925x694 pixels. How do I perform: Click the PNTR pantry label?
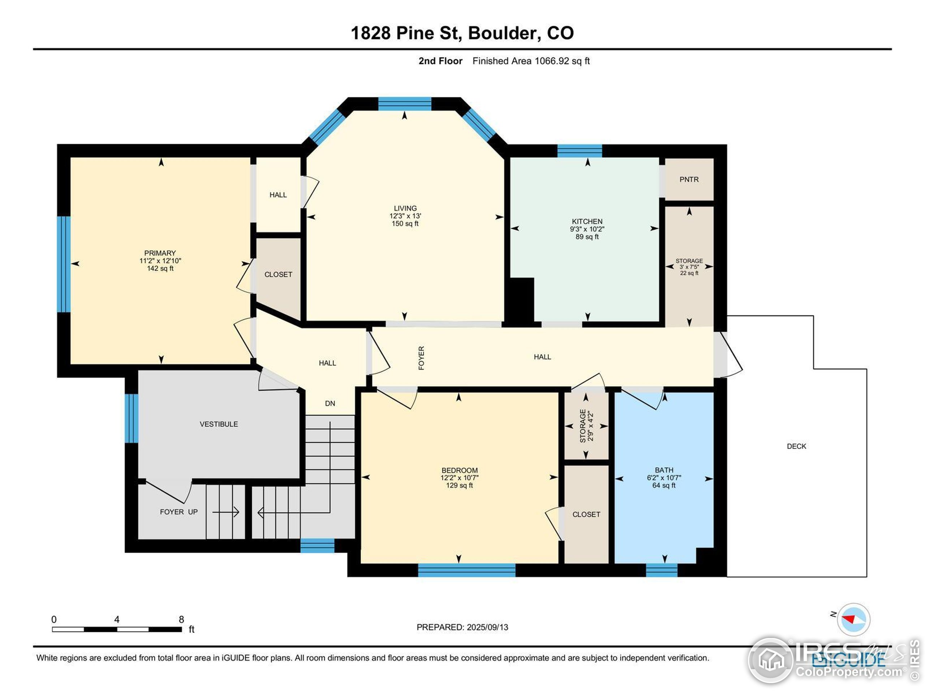(689, 179)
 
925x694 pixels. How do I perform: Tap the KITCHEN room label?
(587, 221)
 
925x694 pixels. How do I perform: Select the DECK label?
(796, 446)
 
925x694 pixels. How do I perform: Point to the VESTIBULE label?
(219, 424)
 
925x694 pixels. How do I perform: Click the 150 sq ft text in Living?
(405, 224)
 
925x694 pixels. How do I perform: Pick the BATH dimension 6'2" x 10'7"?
(664, 478)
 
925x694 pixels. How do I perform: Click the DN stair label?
(330, 404)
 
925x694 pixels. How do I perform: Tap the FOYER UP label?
(178, 512)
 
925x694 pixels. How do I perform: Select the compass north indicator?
(853, 619)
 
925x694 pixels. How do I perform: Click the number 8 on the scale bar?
(181, 620)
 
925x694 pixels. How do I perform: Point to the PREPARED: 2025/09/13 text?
(462, 627)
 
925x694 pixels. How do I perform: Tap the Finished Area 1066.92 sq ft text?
(531, 61)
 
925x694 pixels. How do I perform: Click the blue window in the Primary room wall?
(64, 264)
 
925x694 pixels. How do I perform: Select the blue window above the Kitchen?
(580, 151)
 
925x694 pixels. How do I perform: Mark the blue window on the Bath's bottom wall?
(662, 570)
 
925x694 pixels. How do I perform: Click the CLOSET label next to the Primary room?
(278, 275)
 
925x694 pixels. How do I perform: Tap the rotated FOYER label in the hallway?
(421, 358)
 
